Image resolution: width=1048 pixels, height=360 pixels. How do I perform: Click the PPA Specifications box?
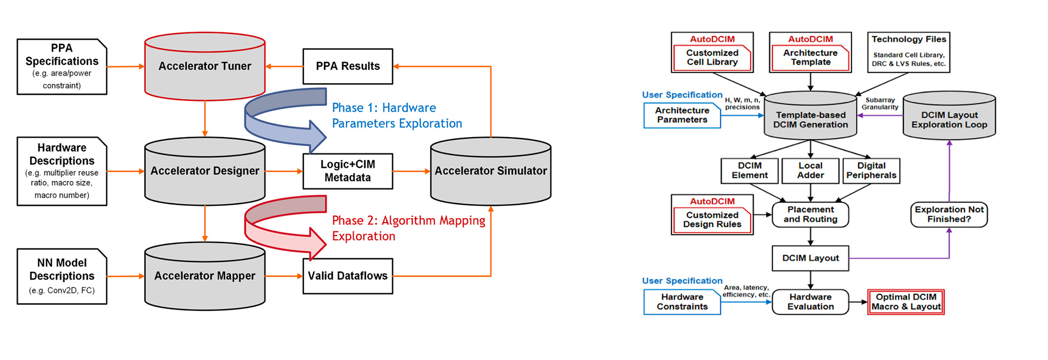[61, 67]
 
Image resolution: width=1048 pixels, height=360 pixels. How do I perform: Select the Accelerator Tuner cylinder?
[204, 67]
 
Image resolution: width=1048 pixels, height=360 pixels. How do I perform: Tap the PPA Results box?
[348, 67]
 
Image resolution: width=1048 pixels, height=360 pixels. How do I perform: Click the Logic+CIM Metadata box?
[348, 171]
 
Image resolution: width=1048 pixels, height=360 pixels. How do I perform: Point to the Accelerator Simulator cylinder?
[491, 171]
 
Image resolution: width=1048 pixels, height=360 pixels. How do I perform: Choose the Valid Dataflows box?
[348, 276]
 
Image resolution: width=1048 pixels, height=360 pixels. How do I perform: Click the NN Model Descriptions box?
[61, 276]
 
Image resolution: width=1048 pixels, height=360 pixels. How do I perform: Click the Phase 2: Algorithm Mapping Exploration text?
[408, 228]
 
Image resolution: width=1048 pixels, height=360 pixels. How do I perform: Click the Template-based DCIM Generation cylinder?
[810, 120]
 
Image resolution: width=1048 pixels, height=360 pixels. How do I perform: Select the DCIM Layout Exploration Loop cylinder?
[949, 120]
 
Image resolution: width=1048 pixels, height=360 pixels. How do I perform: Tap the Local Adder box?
[810, 170]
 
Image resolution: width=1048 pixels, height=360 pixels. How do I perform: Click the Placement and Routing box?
[810, 214]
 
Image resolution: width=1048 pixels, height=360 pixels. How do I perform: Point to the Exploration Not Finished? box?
[949, 214]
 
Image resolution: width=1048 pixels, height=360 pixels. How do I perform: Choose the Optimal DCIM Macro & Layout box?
[906, 302]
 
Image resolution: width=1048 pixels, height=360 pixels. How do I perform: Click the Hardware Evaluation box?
[810, 302]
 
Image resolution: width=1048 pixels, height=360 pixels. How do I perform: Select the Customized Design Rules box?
[712, 219]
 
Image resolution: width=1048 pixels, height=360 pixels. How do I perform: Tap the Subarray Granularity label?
[880, 103]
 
